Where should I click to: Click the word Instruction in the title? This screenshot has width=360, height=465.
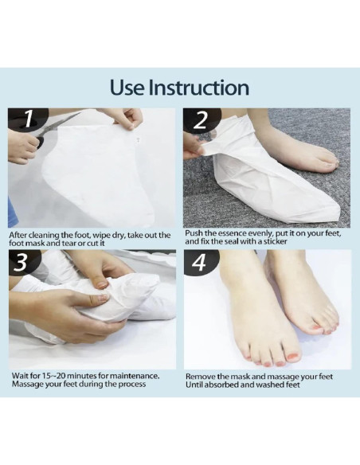click(198, 88)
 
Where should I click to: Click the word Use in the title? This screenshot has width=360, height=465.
click(127, 88)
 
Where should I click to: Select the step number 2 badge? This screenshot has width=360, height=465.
click(202, 120)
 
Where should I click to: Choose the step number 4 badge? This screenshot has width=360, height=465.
click(198, 263)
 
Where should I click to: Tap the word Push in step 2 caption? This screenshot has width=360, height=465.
click(193, 233)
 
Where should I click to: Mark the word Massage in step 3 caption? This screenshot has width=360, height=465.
click(25, 384)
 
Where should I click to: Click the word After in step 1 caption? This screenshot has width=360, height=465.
click(18, 235)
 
